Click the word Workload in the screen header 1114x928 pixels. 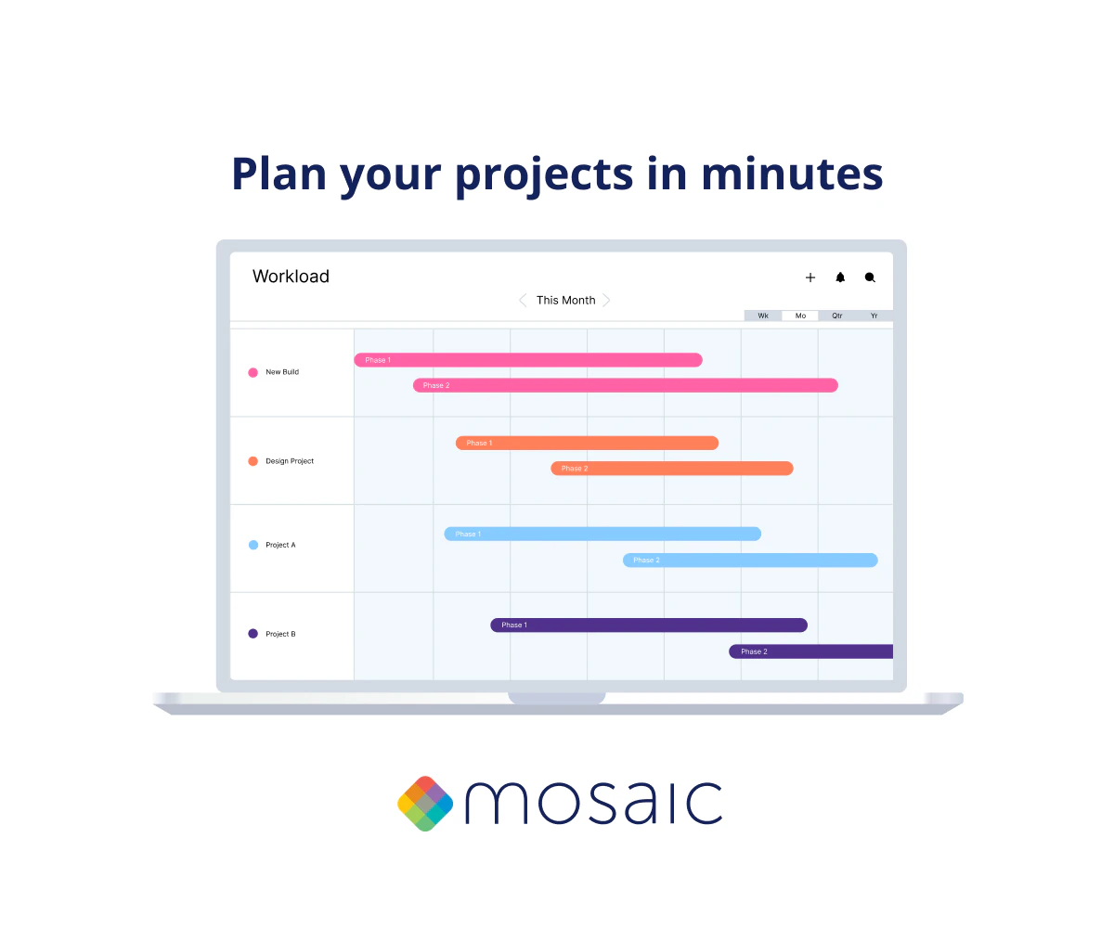coord(291,277)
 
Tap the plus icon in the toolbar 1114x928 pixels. coord(810,277)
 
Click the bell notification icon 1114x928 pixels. coord(840,277)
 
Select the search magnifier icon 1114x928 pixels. coord(870,277)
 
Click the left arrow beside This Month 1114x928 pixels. coord(523,301)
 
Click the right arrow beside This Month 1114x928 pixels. coord(606,301)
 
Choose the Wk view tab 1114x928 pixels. coord(763,316)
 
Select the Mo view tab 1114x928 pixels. coord(800,316)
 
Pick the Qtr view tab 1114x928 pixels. coord(837,316)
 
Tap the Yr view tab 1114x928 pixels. coord(874,316)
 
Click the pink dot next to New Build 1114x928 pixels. coord(253,372)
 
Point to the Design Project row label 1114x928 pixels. coord(290,461)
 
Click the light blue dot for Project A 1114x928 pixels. coord(253,545)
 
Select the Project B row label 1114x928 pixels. coord(280,634)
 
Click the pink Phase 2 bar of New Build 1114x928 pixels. coord(626,385)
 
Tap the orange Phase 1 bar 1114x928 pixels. coord(587,443)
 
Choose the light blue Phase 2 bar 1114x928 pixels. coord(750,560)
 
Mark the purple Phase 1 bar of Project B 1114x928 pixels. coord(649,625)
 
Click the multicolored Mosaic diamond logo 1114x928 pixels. coord(425,804)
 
